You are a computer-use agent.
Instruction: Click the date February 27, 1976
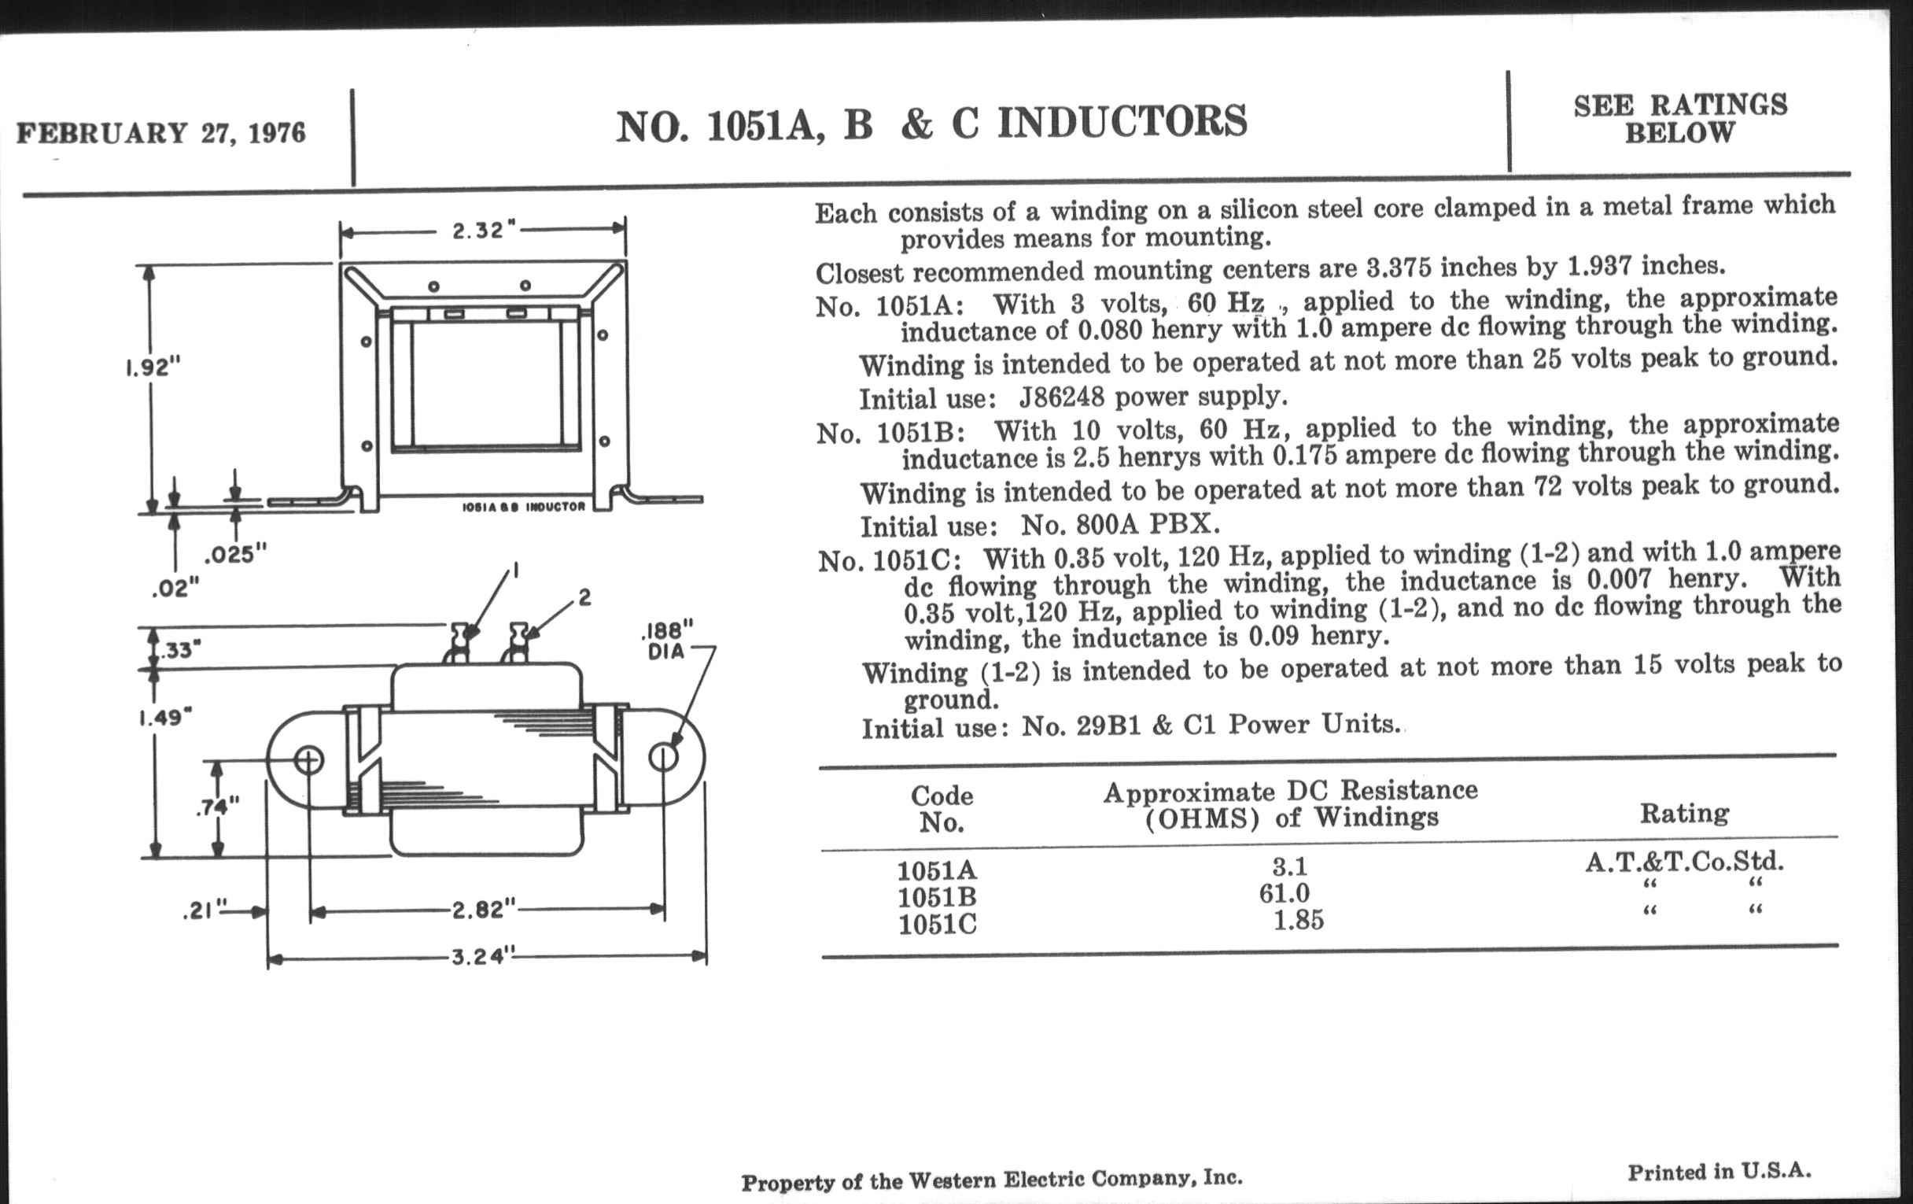tap(161, 133)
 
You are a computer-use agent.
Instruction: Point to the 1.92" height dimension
tap(153, 368)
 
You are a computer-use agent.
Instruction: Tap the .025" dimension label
tap(235, 554)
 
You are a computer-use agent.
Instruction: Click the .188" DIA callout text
tap(665, 641)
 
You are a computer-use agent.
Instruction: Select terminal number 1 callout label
tap(515, 570)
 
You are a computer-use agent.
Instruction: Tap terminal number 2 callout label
tap(584, 596)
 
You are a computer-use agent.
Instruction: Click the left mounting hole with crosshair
tap(308, 760)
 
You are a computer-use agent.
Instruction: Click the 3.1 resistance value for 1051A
tap(1289, 866)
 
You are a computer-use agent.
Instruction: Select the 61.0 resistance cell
tap(1284, 893)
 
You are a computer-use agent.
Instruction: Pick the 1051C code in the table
tap(938, 925)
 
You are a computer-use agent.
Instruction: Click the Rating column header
tap(1684, 813)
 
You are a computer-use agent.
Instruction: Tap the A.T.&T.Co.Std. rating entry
tap(1684, 862)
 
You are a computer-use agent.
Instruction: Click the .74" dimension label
tap(217, 807)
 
